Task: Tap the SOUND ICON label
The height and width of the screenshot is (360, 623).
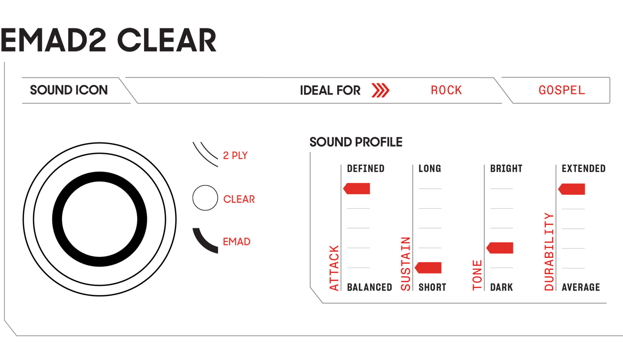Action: [x=69, y=91]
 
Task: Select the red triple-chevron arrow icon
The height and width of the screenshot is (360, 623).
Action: [x=380, y=91]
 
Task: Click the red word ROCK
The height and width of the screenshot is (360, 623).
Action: [x=446, y=91]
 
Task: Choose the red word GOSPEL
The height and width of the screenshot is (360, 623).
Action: [x=561, y=91]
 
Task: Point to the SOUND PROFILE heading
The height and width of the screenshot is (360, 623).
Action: [x=356, y=142]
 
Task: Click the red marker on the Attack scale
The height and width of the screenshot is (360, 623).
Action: [x=357, y=188]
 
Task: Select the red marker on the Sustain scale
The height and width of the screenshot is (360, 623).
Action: [x=429, y=268]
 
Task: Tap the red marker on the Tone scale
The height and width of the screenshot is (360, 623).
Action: [x=501, y=248]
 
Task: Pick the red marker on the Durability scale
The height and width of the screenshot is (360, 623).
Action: [x=572, y=189]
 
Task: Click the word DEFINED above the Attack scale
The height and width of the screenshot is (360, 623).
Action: [x=366, y=168]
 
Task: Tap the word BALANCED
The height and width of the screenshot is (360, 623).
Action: [x=369, y=287]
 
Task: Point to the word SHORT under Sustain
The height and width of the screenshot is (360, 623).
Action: [x=432, y=287]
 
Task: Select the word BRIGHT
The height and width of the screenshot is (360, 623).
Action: [x=506, y=168]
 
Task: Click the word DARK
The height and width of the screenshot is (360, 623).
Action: [x=501, y=287]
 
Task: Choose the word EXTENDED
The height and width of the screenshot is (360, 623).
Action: [x=583, y=168]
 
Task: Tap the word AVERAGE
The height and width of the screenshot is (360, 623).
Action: [x=581, y=287]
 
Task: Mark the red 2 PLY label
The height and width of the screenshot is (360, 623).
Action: [x=236, y=156]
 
